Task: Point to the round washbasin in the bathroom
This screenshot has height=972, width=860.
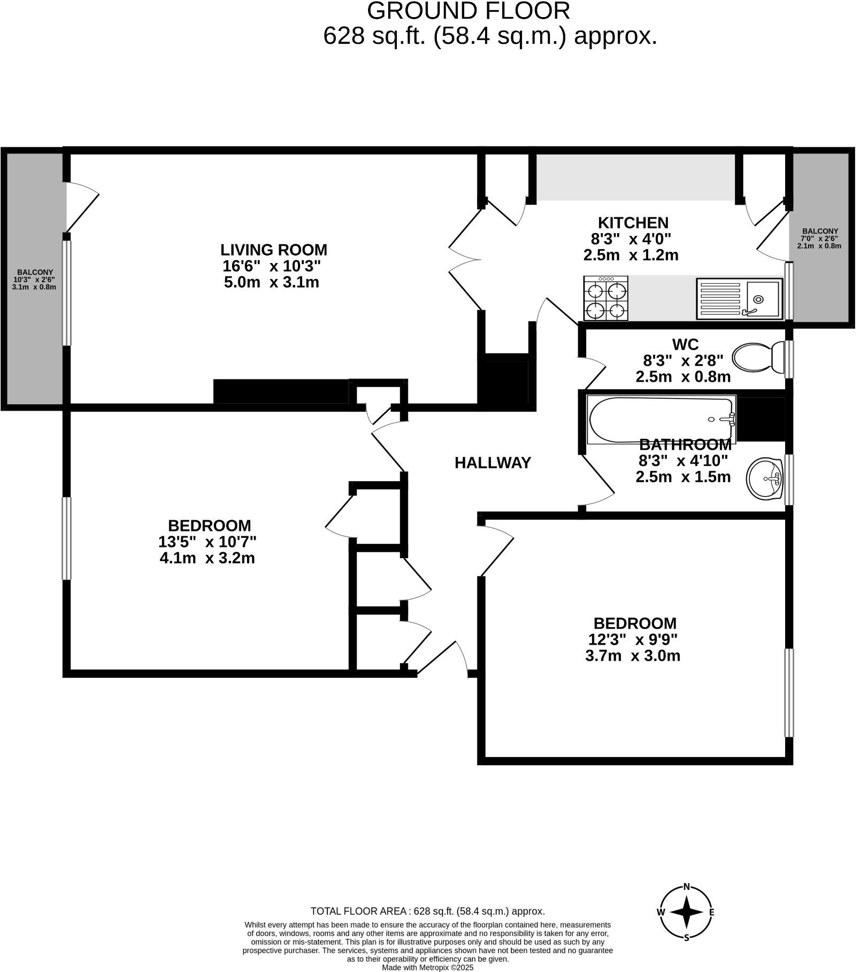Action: pos(767,480)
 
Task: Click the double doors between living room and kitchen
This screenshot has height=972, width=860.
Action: pos(465,261)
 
